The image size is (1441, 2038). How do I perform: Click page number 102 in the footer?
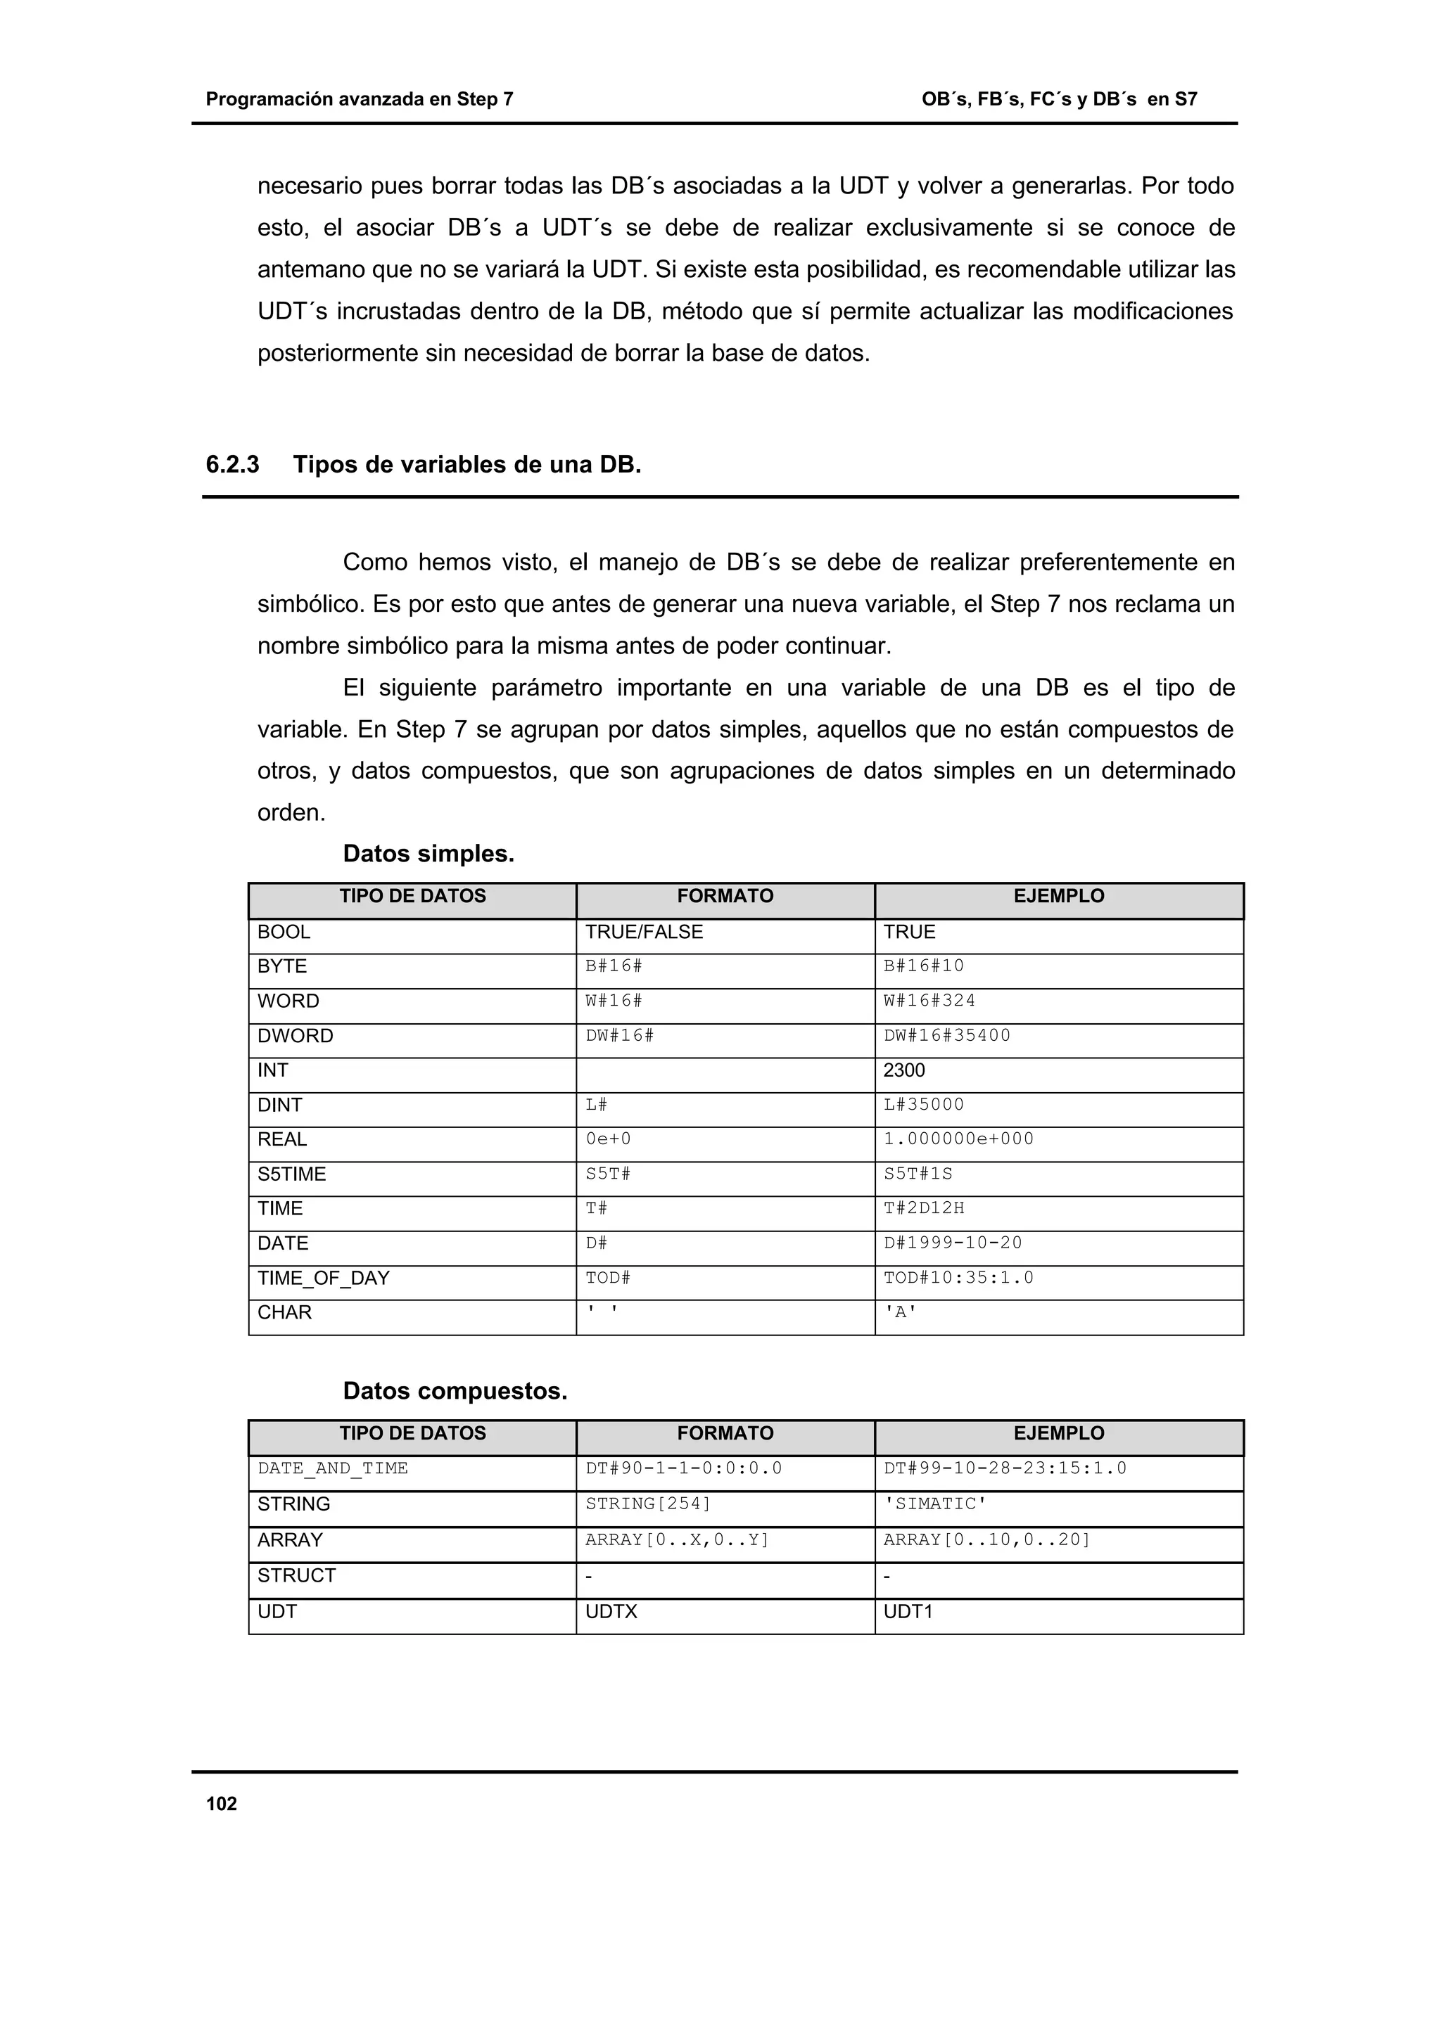pyautogui.click(x=221, y=1804)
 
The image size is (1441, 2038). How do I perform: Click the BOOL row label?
pyautogui.click(x=284, y=932)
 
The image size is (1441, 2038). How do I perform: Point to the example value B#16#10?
pyautogui.click(x=923, y=966)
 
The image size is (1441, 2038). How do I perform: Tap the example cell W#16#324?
pyautogui.click(x=929, y=1000)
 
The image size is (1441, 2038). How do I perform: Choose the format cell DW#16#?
pyautogui.click(x=619, y=1035)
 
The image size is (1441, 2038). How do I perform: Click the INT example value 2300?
pyautogui.click(x=904, y=1070)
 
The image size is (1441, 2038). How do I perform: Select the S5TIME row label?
pyautogui.click(x=291, y=1174)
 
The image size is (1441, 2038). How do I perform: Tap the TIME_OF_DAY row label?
pyautogui.click(x=323, y=1278)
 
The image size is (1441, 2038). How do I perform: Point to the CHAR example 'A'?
pyautogui.click(x=901, y=1313)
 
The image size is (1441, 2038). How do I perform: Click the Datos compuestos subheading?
pyautogui.click(x=455, y=1391)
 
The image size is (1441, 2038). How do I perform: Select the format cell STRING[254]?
pyautogui.click(x=648, y=1504)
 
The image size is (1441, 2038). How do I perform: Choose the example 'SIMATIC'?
pyautogui.click(x=935, y=1504)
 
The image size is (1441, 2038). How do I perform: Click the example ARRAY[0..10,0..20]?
pyautogui.click(x=986, y=1539)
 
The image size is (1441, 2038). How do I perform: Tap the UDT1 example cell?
pyautogui.click(x=908, y=1611)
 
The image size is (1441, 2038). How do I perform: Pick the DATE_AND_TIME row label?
pyautogui.click(x=333, y=1468)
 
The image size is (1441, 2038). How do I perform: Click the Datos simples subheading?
pyautogui.click(x=429, y=854)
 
